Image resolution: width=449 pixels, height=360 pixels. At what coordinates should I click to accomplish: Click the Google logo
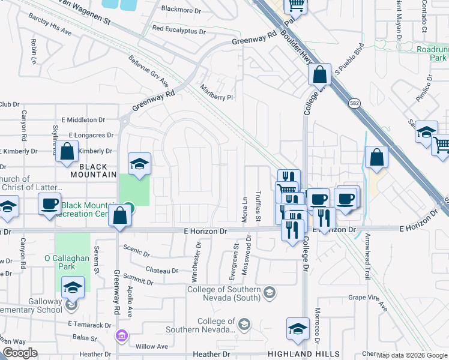point(20,352)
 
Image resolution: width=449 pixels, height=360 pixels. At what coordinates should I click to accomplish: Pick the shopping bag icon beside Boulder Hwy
point(320,75)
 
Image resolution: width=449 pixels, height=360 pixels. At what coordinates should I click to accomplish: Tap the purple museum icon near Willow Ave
point(122,335)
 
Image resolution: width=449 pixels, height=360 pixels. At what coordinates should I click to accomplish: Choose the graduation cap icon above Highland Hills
point(297,328)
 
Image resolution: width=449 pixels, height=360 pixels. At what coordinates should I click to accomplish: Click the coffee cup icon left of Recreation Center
point(50,203)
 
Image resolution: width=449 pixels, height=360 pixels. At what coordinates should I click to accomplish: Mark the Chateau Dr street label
point(161,271)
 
